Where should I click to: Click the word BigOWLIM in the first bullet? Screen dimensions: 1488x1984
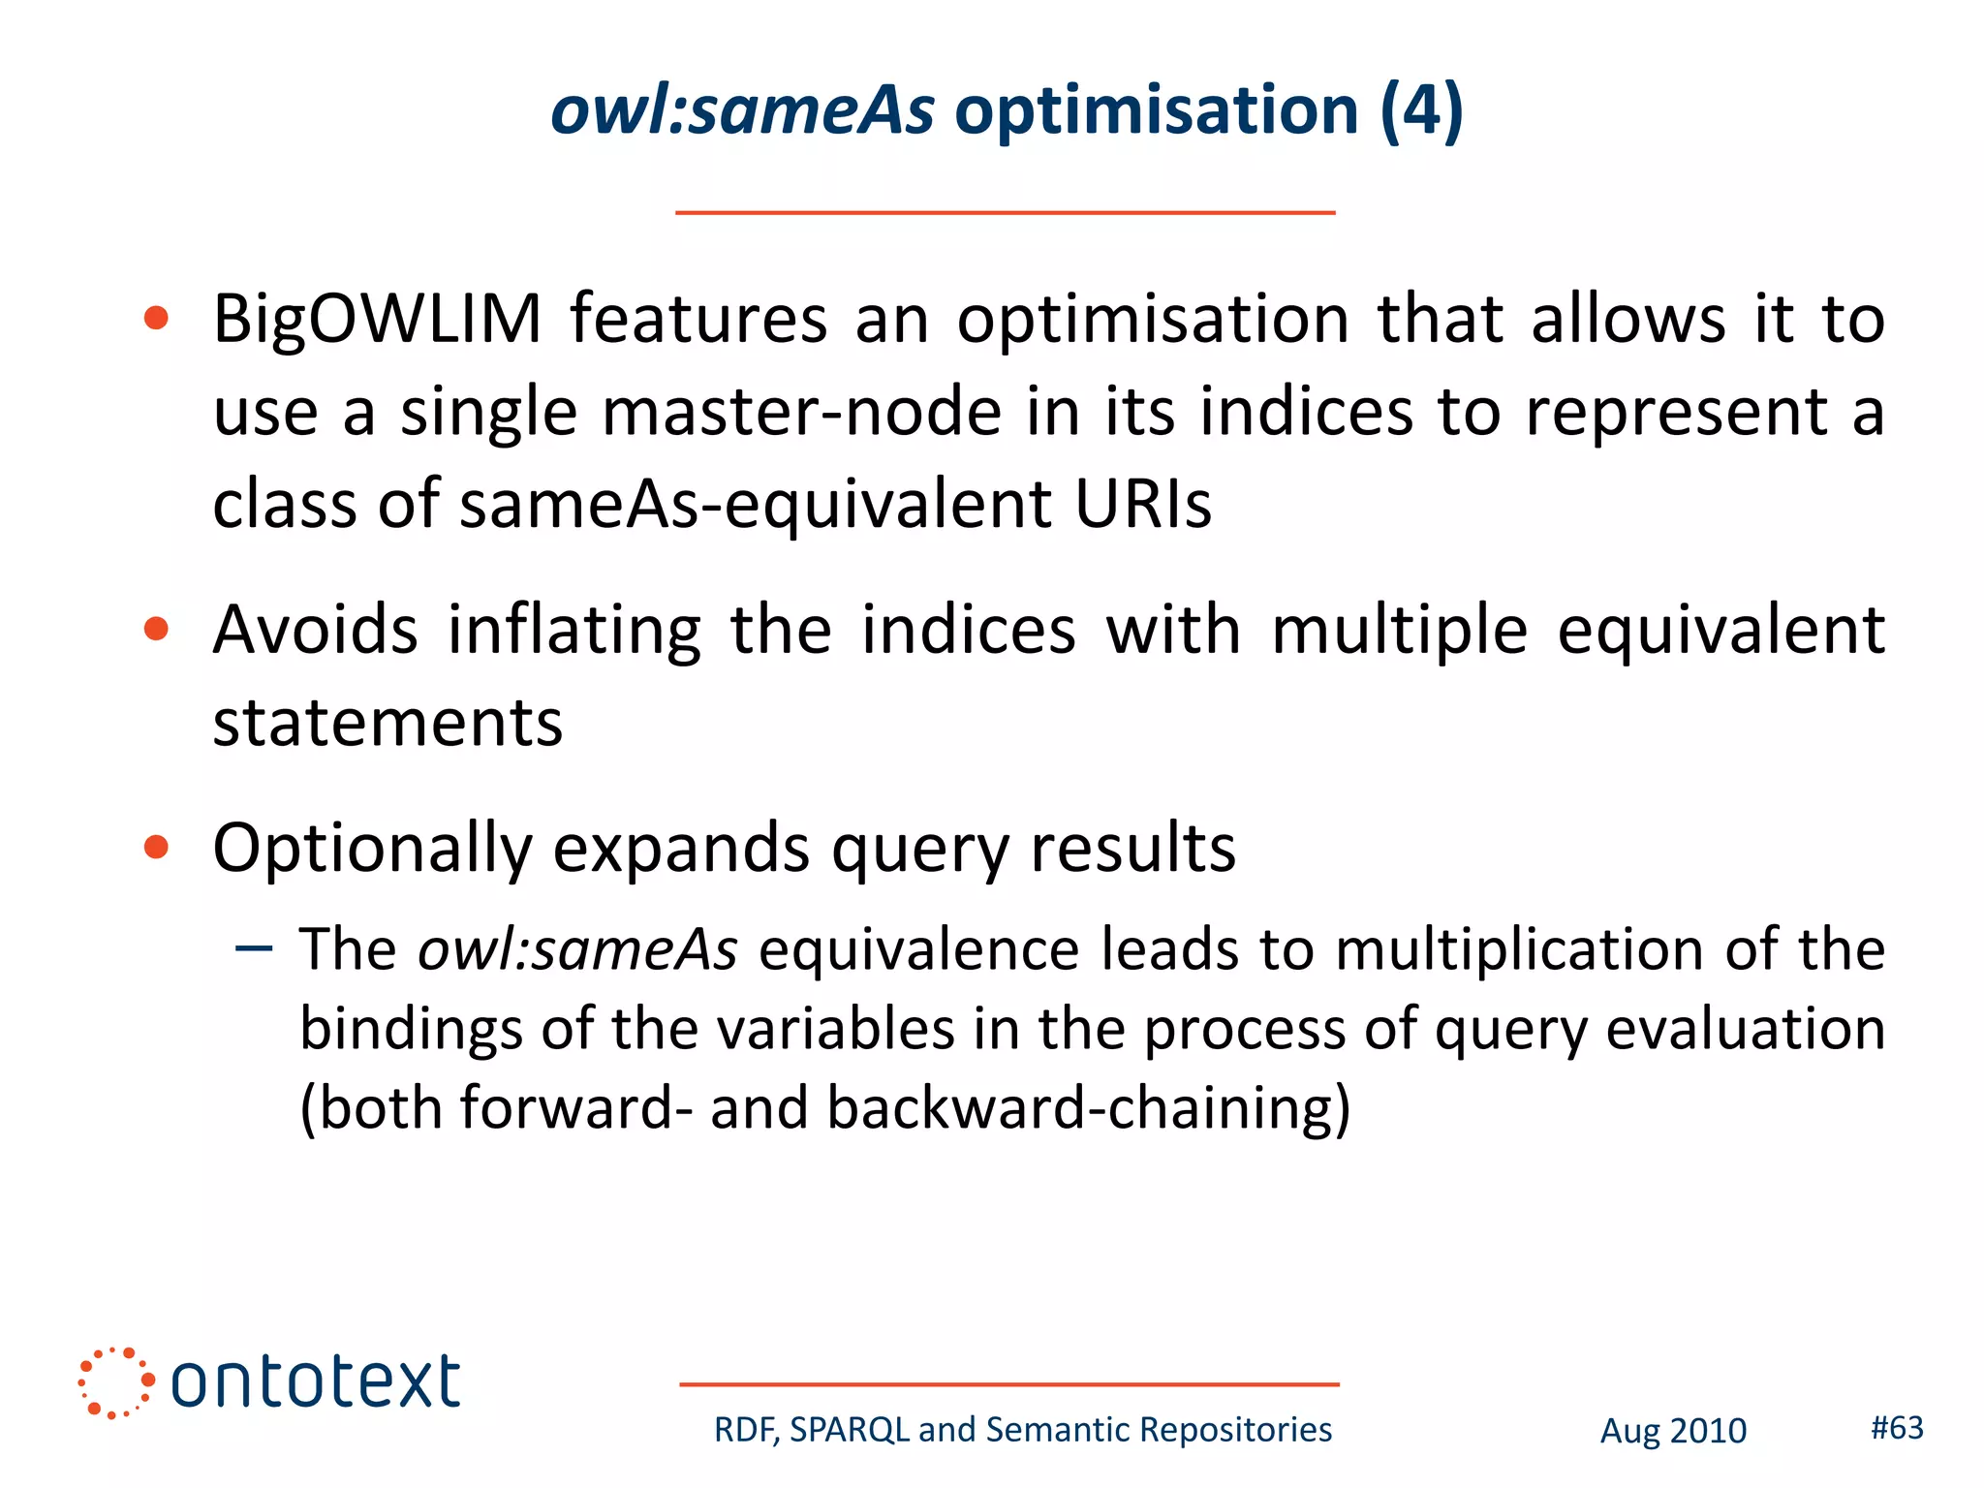tap(377, 320)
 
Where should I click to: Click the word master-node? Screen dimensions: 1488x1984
tap(801, 412)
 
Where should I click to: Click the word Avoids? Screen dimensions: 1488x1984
tap(316, 631)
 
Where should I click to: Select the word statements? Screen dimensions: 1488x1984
tap(387, 723)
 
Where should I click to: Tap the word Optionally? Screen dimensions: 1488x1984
tap(372, 849)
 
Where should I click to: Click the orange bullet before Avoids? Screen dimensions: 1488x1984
tap(156, 631)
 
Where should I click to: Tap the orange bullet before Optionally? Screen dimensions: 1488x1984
tap(156, 848)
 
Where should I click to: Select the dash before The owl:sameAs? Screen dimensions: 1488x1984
tap(254, 947)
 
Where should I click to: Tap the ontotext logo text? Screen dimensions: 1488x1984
tap(315, 1382)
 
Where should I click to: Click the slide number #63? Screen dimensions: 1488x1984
tap(1897, 1427)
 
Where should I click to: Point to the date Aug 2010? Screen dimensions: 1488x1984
tap(1673, 1431)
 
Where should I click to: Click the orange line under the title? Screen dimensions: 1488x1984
tap(1005, 212)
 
